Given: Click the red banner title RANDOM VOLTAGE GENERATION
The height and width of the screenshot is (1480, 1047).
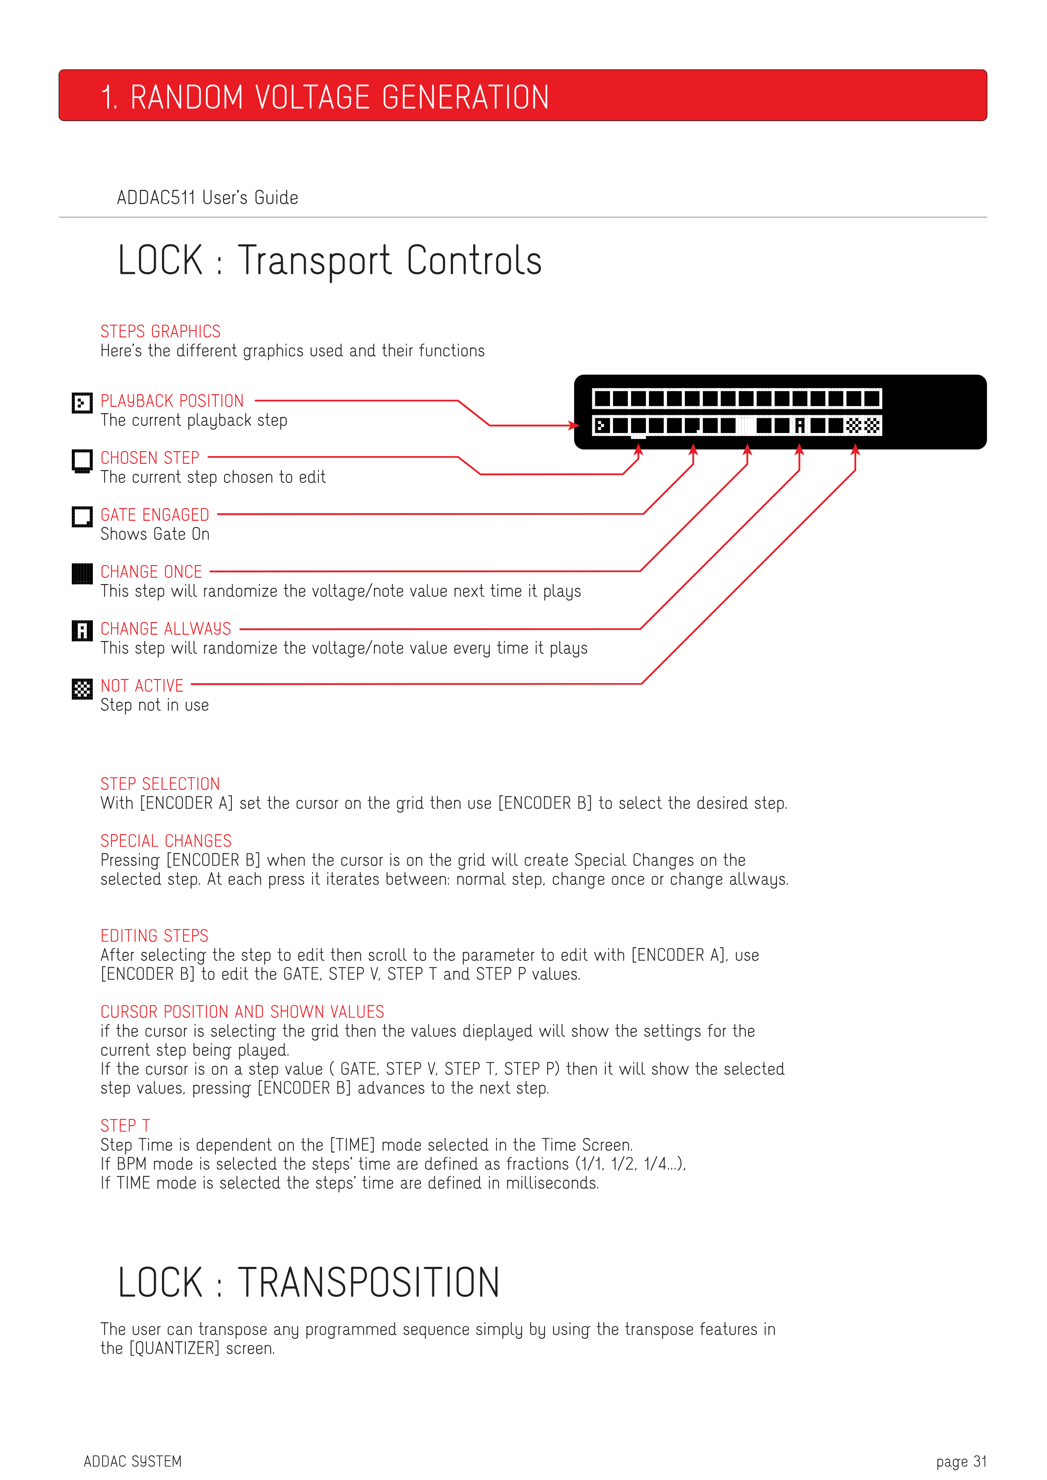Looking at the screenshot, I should click(x=325, y=97).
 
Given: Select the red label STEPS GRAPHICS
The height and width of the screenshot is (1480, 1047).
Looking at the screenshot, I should click(x=160, y=331).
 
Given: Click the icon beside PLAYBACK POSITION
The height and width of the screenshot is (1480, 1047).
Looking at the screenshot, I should click(x=82, y=403).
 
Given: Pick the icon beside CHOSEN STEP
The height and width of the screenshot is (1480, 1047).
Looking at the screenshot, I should click(x=82, y=460).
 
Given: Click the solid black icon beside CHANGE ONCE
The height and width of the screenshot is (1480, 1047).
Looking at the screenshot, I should click(x=82, y=574).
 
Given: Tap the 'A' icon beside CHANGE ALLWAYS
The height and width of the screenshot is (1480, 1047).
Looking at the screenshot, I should click(x=82, y=630).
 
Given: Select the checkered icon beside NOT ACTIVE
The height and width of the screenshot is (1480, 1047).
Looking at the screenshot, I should click(x=82, y=688).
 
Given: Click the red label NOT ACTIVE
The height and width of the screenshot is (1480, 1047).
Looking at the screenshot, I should click(x=142, y=686).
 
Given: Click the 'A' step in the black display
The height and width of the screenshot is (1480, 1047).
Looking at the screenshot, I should click(x=800, y=425).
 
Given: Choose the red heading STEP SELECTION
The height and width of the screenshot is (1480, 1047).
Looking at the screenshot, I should click(x=160, y=784).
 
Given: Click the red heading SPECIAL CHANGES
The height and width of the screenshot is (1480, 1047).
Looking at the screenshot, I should click(x=165, y=841).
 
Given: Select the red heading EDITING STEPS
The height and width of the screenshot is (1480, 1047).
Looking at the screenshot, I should click(x=154, y=936).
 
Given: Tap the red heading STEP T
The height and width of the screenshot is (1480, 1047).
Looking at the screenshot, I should click(x=125, y=1126).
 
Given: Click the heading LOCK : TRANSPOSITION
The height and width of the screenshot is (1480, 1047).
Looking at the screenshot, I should click(x=308, y=1283).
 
